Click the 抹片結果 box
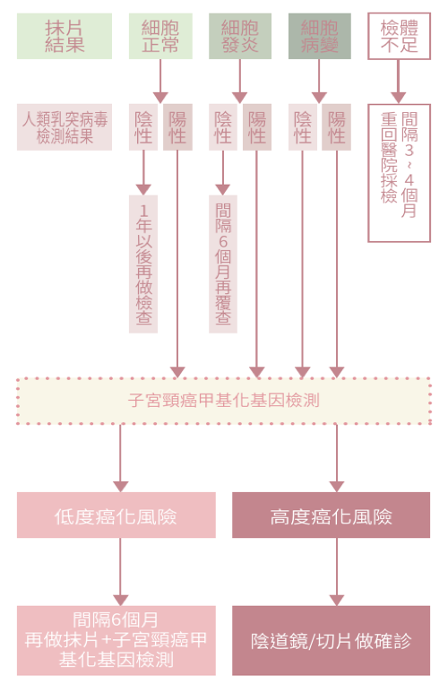point(65,36)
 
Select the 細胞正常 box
point(160,36)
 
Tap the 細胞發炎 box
point(239,36)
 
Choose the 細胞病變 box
point(319,36)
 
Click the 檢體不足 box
point(399,36)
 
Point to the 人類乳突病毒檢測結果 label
point(65,126)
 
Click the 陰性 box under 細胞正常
point(143,126)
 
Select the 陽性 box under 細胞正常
point(177,126)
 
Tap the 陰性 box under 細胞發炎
point(223,126)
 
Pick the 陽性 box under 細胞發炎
point(257,126)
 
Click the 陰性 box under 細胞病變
point(303,126)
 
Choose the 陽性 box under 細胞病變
point(337,126)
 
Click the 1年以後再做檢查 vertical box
point(143,264)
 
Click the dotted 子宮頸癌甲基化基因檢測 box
point(224,401)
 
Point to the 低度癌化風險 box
point(116,515)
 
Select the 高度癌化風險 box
point(331,515)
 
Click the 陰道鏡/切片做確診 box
point(331,641)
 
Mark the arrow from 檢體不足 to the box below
point(399,81)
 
